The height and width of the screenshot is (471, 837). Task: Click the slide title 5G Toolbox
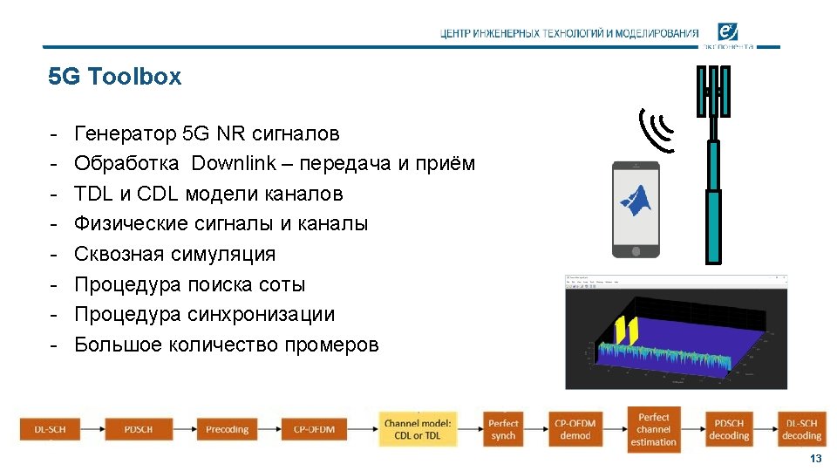115,77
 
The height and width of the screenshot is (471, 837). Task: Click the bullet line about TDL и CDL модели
208,194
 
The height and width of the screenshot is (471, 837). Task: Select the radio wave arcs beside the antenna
656,129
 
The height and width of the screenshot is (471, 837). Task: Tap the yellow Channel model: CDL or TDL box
418,429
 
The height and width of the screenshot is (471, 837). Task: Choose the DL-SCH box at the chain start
50,429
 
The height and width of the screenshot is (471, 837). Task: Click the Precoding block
227,429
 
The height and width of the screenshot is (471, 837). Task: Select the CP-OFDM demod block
575,429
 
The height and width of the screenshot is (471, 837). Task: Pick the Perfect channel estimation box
653,429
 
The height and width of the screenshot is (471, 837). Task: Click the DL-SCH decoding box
801,429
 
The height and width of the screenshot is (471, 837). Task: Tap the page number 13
815,459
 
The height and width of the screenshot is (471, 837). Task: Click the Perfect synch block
503,429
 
